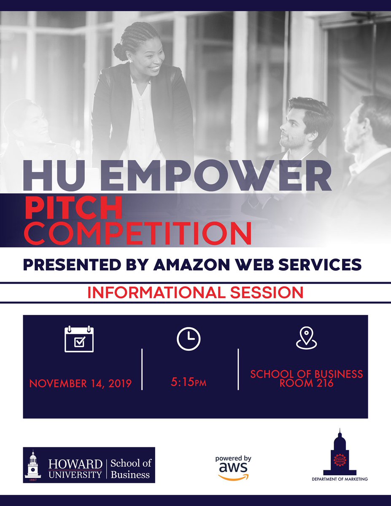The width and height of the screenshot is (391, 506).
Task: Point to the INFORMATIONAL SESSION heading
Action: (x=195, y=293)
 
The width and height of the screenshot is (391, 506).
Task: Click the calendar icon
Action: (x=79, y=339)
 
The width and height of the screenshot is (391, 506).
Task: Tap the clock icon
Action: (x=189, y=338)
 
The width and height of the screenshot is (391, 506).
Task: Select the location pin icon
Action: (x=306, y=338)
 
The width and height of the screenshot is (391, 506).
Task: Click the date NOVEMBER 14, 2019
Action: (x=81, y=384)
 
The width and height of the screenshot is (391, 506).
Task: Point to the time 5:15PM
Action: (x=189, y=383)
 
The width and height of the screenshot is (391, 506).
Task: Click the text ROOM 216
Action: (x=307, y=383)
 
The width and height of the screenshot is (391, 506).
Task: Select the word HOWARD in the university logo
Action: (x=76, y=464)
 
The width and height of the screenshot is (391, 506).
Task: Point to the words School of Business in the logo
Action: (x=130, y=469)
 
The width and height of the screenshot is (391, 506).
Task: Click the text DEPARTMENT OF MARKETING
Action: (x=340, y=479)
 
